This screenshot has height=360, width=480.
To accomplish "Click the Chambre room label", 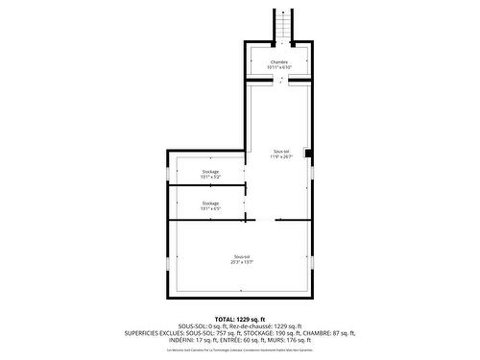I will click(x=278, y=62).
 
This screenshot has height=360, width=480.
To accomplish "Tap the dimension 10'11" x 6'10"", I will click(x=278, y=68).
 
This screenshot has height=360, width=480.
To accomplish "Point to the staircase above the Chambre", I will click(x=281, y=25).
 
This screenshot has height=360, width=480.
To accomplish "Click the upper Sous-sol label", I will click(x=280, y=151).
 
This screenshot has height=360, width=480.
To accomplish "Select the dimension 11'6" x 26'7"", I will click(x=280, y=156).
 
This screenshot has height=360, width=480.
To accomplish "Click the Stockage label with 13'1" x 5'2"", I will click(x=210, y=172).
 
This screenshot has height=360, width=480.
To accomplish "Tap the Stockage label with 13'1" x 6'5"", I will click(x=210, y=203).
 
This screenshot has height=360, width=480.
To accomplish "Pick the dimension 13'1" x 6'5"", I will click(x=210, y=208).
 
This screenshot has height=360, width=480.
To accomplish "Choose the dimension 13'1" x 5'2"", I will click(x=210, y=178).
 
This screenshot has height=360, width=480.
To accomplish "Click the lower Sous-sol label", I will click(x=241, y=255).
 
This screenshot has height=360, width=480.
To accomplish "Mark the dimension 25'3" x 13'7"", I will click(x=241, y=261).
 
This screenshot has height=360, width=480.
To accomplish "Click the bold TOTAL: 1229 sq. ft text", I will click(x=239, y=319).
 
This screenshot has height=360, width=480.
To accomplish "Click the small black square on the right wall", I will click(x=306, y=152).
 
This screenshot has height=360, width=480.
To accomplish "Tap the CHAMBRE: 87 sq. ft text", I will click(x=324, y=332).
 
